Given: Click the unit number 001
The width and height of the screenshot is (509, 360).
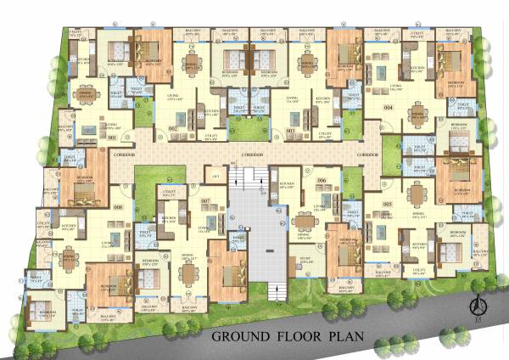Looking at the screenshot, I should point(113,136).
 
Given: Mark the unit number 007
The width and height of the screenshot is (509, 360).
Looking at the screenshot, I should point(206,200).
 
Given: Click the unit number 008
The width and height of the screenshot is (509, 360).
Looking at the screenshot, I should point(118,206).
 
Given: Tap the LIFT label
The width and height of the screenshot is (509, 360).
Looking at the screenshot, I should point(216,175).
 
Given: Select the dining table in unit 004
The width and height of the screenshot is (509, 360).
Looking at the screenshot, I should point(417,114).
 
